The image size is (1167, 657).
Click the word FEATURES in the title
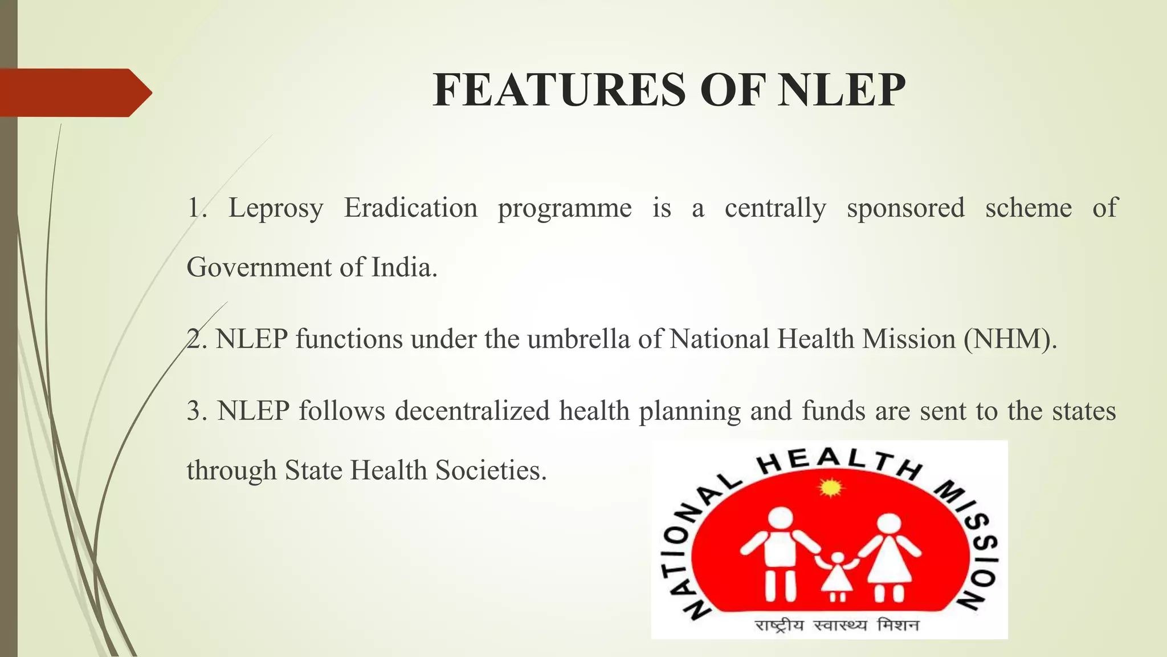(559, 90)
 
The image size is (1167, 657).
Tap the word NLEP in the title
(842, 90)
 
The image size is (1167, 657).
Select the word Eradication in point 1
(410, 208)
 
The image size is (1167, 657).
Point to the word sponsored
(905, 208)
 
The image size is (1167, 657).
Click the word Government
(259, 267)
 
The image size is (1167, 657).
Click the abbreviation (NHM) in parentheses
(1006, 339)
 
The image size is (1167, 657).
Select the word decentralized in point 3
(472, 411)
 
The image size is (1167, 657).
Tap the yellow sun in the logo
(830, 488)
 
